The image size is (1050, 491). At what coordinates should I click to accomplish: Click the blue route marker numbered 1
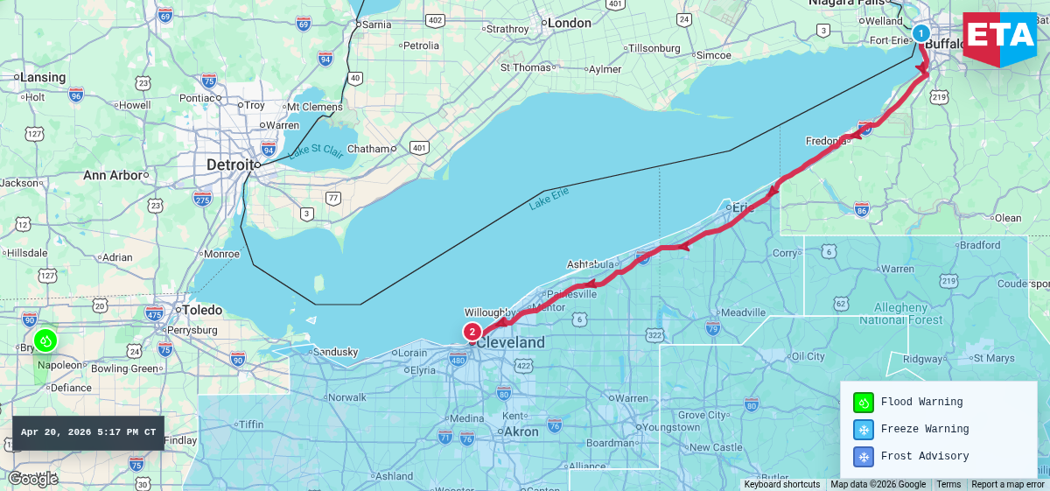click(920, 33)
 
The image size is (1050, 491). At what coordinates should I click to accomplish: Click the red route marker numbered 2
click(472, 332)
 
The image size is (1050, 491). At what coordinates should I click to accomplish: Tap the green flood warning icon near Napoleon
click(45, 340)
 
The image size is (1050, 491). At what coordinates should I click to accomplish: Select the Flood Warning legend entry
click(921, 403)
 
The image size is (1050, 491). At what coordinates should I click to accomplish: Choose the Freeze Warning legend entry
click(924, 430)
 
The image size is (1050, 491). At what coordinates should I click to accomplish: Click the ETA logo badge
click(999, 39)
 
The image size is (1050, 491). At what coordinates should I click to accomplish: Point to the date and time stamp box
click(88, 432)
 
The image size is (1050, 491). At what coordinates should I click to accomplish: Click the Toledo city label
click(201, 310)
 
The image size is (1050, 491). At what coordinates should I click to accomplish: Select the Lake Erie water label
click(549, 198)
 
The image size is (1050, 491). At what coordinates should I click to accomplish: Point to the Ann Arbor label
click(112, 175)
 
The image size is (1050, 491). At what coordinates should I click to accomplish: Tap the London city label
click(569, 24)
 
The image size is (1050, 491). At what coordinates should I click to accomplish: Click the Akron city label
click(521, 431)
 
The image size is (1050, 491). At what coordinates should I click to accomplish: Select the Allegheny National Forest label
click(900, 314)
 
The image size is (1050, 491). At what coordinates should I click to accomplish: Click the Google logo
click(32, 479)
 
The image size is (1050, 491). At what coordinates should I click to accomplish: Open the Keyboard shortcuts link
click(781, 485)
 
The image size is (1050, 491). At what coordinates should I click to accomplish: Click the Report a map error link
click(1007, 485)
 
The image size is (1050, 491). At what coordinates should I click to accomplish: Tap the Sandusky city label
click(335, 353)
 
